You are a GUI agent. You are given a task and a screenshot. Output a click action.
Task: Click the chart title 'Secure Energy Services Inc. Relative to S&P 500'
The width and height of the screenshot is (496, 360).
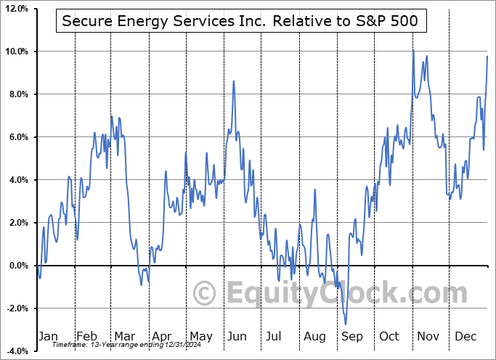(240, 21)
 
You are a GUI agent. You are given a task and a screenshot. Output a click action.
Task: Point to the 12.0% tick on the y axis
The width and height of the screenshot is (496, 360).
(15, 9)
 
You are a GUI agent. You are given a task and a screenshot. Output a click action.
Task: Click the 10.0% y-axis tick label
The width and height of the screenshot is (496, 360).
(15, 52)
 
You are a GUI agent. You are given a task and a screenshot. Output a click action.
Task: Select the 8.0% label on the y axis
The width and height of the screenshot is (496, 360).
(17, 94)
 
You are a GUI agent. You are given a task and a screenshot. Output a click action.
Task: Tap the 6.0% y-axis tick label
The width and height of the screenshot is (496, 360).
(17, 137)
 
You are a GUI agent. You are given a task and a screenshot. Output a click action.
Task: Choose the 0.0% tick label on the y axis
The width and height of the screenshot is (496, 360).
(17, 266)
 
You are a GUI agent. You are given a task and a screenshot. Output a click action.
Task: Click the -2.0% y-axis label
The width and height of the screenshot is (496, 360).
(15, 308)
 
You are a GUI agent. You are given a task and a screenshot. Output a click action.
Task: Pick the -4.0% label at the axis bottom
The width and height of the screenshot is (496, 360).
(15, 351)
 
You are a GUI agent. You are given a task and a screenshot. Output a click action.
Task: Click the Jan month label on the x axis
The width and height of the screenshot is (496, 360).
(48, 336)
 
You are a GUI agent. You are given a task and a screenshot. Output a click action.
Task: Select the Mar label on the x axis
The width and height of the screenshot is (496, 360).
(124, 336)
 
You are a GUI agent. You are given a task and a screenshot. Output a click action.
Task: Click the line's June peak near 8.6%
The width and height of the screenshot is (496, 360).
(234, 81)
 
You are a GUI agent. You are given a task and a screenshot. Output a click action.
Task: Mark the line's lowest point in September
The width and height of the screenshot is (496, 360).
(346, 324)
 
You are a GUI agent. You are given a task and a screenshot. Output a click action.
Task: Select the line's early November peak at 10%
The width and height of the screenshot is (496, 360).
(413, 51)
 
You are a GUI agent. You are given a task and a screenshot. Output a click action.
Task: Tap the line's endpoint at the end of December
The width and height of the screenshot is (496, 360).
(487, 57)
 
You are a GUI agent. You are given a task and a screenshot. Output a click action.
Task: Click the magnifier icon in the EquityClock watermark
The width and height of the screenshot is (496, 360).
(206, 293)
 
